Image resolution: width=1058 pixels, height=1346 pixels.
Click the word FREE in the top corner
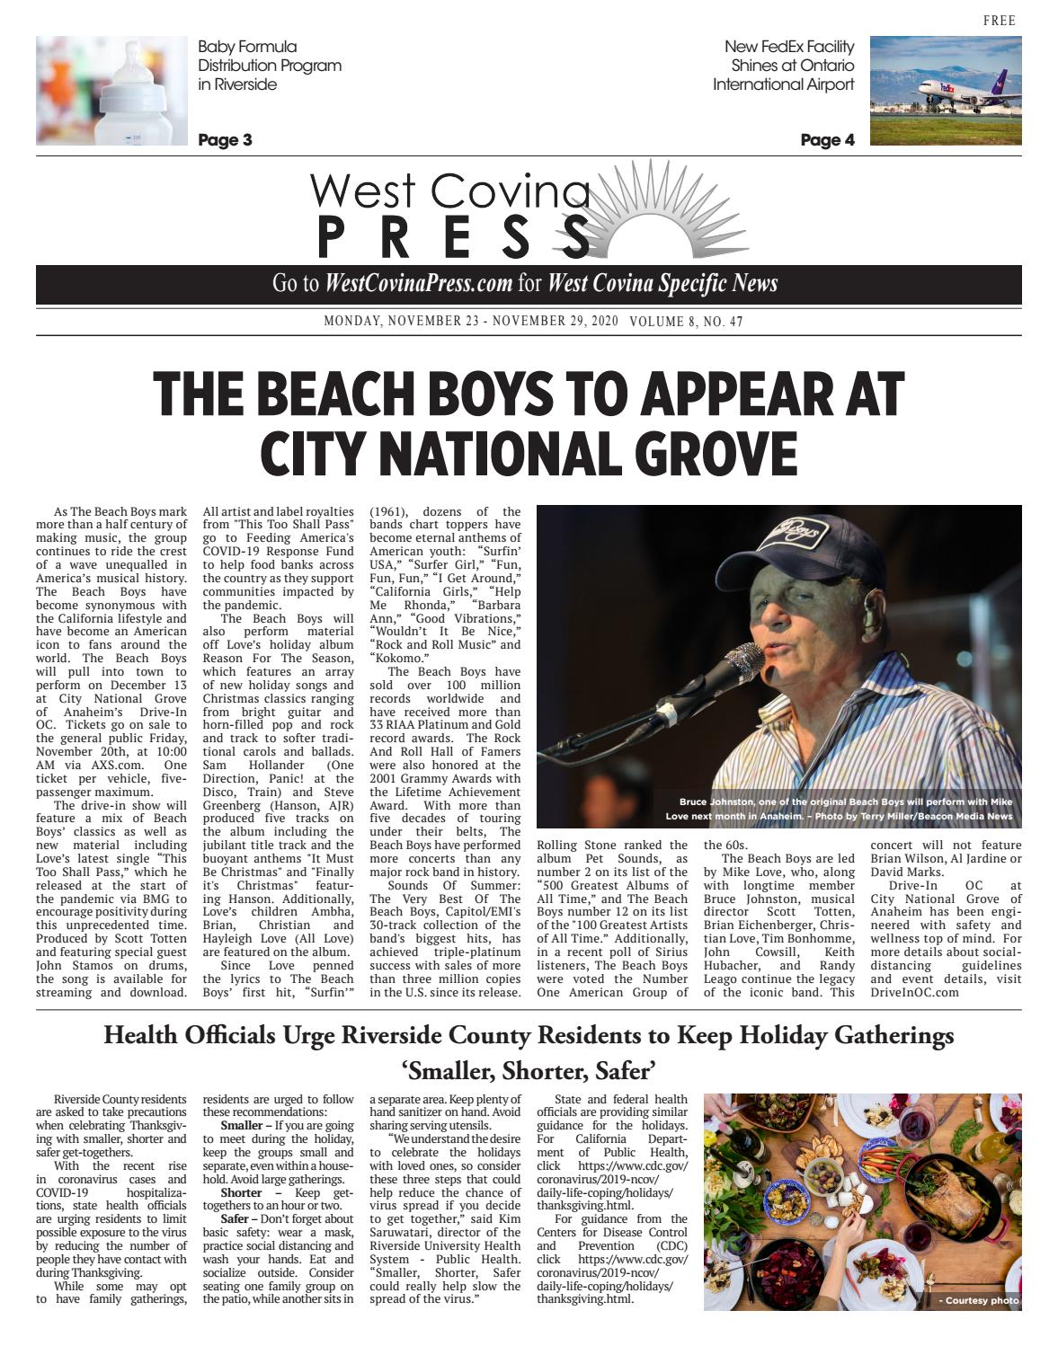click(999, 22)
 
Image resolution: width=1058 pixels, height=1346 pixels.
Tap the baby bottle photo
click(111, 91)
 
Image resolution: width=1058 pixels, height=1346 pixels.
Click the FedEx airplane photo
click(946, 91)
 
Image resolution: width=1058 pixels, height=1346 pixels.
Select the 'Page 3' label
click(225, 140)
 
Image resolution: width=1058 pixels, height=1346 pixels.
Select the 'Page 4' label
click(827, 140)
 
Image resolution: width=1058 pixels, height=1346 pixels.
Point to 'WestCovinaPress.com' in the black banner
click(419, 284)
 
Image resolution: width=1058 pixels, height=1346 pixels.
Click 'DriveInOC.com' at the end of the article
click(914, 993)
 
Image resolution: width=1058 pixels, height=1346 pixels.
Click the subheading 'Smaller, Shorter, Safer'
click(529, 1071)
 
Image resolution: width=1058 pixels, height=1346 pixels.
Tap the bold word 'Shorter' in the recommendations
click(242, 1193)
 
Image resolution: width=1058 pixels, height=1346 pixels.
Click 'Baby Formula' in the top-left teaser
click(247, 47)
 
